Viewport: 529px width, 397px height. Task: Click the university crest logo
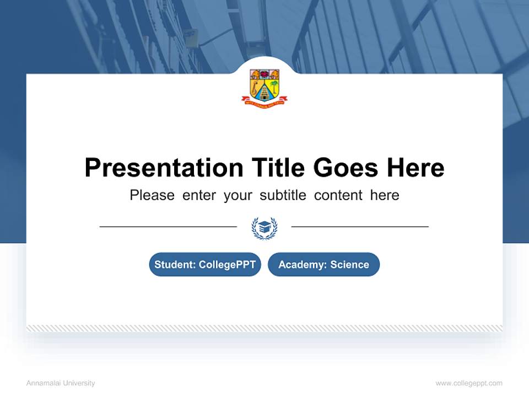click(264, 85)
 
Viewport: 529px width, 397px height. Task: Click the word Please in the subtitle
click(152, 195)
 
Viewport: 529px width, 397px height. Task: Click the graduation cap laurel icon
click(264, 227)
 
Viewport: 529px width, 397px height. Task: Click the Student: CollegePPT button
click(205, 265)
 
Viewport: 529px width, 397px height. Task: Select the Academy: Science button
click(323, 265)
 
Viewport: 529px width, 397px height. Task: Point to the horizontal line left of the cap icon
click(168, 226)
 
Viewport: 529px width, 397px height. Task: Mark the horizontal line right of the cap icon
click(360, 226)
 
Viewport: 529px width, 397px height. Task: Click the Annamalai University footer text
click(61, 383)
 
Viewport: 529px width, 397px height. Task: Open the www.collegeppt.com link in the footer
click(469, 383)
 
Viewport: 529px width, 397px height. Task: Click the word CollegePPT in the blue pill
click(227, 265)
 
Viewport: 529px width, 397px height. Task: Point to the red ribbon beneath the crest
click(264, 101)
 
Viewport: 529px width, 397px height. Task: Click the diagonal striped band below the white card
click(264, 328)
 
